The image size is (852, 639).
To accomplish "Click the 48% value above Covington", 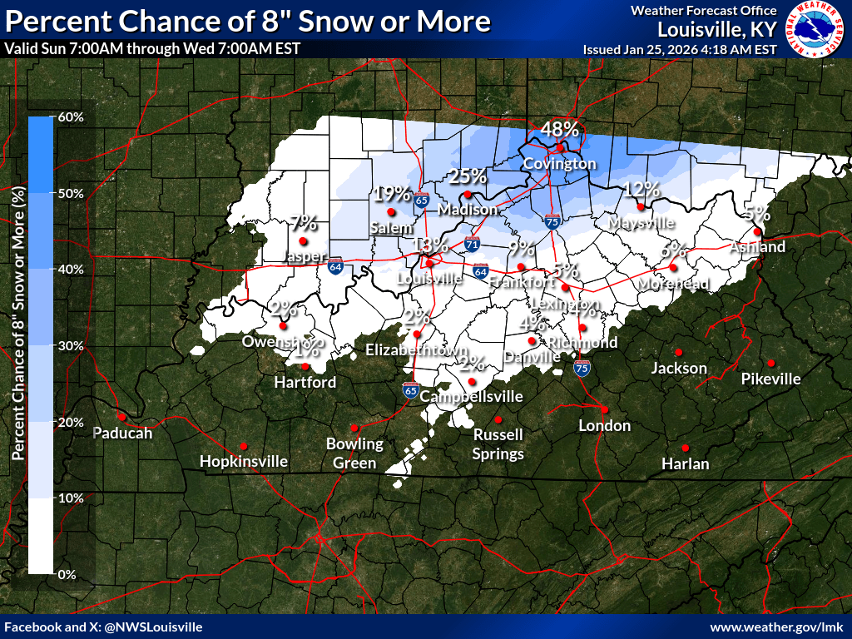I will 559,129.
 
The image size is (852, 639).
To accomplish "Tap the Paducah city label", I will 122,433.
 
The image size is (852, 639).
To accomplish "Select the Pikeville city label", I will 771,379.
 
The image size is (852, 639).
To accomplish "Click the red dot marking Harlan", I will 686,448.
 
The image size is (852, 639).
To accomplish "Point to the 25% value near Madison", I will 467,176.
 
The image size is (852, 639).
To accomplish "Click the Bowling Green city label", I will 354,453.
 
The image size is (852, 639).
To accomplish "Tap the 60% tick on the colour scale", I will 71,117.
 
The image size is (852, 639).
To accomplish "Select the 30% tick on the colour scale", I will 71,346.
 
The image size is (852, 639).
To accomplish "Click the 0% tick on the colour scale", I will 66,575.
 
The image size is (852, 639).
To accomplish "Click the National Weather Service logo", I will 815,29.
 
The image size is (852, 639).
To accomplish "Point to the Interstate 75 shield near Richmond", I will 582,366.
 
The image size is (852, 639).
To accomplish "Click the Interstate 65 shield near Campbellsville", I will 410,389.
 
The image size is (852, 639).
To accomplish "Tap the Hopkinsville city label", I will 244,461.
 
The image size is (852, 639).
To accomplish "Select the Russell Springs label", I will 498,444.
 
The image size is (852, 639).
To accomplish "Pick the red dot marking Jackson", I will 679,352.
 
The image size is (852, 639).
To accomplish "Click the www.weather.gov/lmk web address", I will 777,627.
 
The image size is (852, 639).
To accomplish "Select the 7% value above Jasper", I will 304,222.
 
